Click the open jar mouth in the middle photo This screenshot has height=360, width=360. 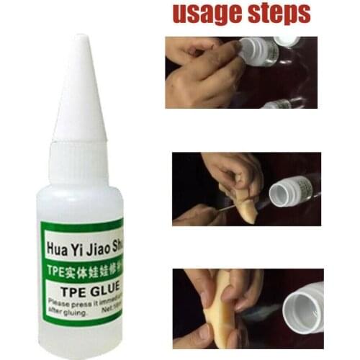pyautogui.click(x=281, y=192)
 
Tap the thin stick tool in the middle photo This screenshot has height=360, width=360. pyautogui.click(x=216, y=208)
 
